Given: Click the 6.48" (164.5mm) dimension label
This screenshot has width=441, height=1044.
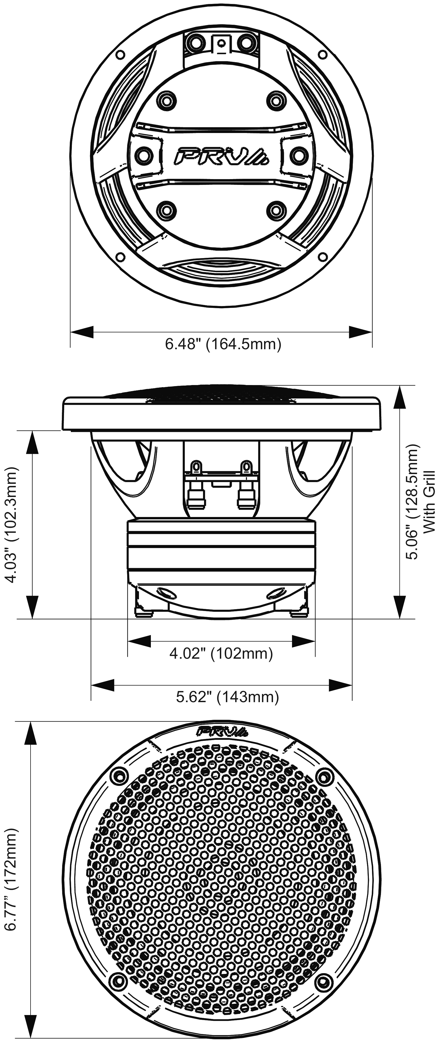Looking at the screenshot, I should pyautogui.click(x=222, y=344).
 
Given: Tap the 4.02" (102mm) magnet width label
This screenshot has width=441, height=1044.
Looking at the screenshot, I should pyautogui.click(x=221, y=653).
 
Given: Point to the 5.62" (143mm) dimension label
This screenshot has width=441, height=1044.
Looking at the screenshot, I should pyautogui.click(x=227, y=697).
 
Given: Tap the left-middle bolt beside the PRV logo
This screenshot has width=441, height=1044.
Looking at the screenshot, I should pyautogui.click(x=142, y=154).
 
